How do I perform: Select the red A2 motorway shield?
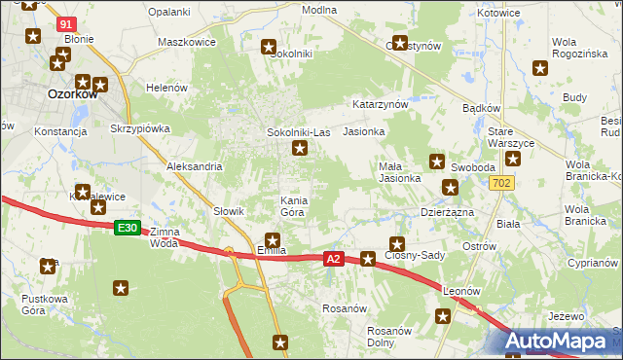pos(334,259)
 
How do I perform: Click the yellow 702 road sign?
pos(501,183)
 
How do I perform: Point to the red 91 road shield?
pos(65,22)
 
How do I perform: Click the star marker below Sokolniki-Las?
pos(300,149)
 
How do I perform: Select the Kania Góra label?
pos(294,206)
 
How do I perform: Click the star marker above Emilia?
pos(273,239)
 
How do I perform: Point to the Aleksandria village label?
pos(195,166)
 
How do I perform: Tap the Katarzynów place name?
pos(380,102)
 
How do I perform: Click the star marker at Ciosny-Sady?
pos(396,243)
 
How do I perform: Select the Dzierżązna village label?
pos(447,210)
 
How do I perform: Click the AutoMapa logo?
pos(564,342)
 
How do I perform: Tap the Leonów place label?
pos(462,290)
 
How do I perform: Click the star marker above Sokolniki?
pos(270,46)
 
